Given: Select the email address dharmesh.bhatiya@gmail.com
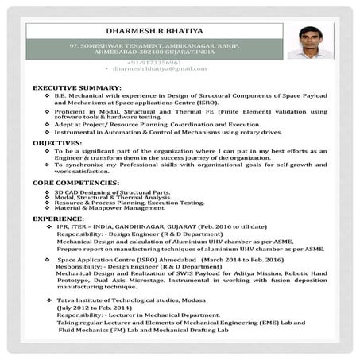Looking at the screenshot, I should click(x=154, y=69).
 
